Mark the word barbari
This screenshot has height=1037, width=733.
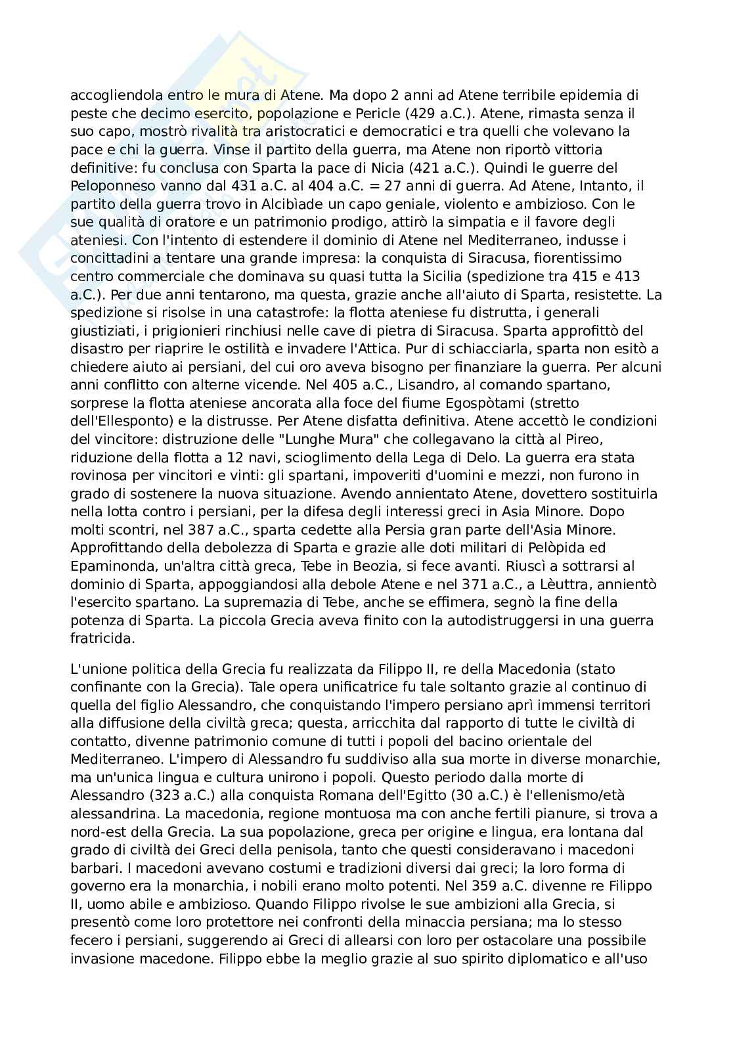coord(93,868)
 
